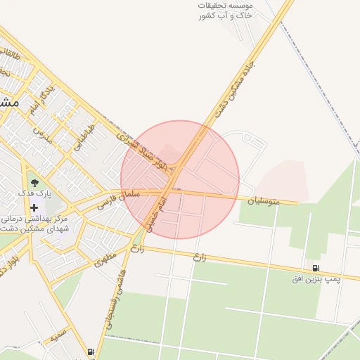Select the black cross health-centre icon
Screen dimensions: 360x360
tap(34, 207)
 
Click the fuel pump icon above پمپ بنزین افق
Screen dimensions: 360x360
tap(316, 267)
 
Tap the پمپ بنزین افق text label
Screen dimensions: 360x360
tap(316, 279)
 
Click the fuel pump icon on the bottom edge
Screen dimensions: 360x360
tap(90, 352)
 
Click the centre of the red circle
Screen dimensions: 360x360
tap(180, 179)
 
